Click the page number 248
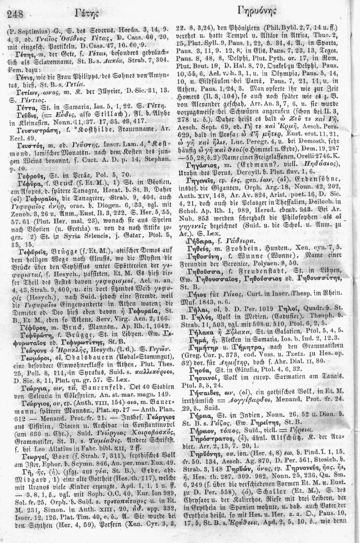pos(15,14)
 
